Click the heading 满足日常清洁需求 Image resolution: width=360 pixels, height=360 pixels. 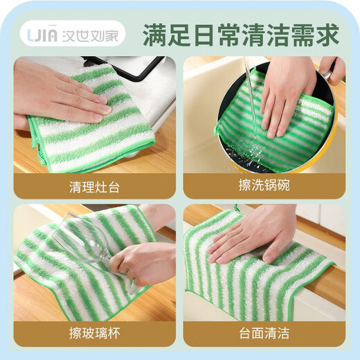tap(240, 33)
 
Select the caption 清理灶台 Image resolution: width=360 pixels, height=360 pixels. tap(93, 186)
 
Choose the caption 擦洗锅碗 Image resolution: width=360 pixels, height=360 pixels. tap(264, 186)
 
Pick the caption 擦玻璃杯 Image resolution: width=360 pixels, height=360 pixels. tap(93, 333)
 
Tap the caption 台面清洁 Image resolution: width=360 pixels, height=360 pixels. tap(264, 333)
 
